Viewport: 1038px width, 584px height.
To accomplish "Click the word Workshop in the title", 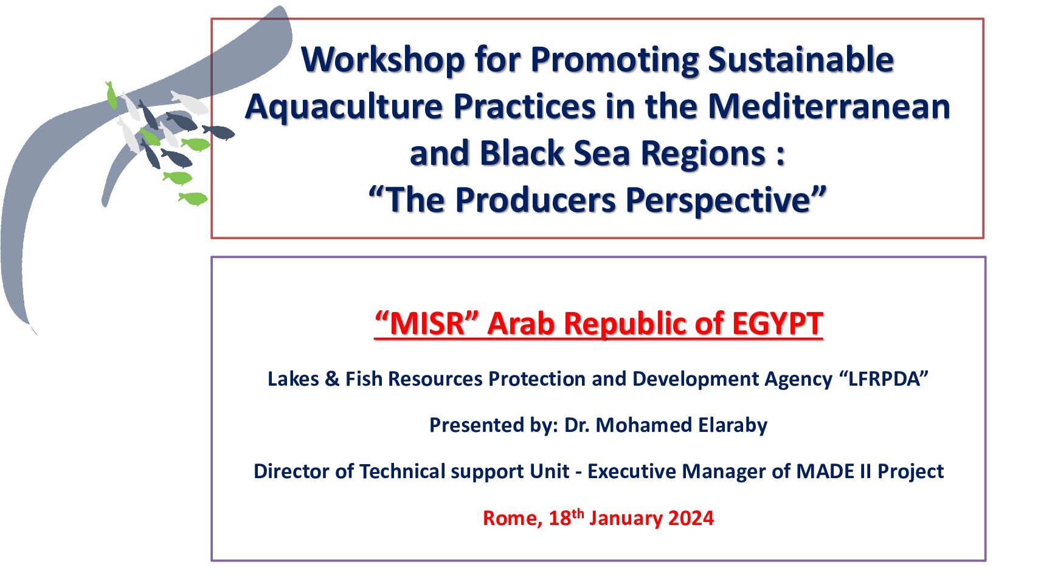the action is [382, 60].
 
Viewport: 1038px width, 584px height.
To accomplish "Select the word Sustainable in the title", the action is [801, 60].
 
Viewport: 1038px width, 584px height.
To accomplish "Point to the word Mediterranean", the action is [829, 106].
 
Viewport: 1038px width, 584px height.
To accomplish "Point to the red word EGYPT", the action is [778, 323].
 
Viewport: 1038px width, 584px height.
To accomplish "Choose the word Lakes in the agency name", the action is [293, 378].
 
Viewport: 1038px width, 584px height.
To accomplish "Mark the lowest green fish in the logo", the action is [193, 199].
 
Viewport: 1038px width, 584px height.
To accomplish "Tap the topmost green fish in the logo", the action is [111, 96].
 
